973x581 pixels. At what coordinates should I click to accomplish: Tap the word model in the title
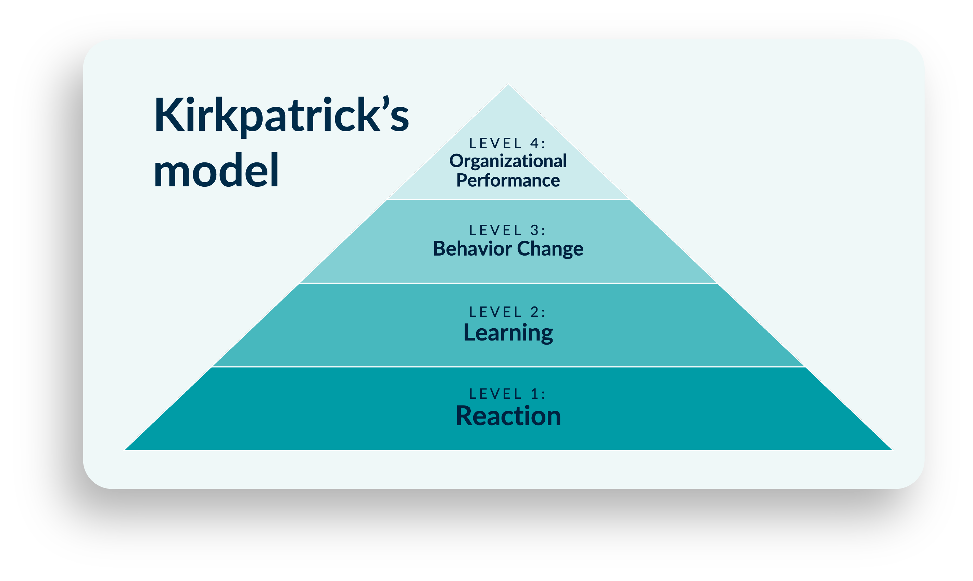tap(216, 171)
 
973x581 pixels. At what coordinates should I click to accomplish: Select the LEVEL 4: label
tap(507, 144)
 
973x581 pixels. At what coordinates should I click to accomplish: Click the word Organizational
tap(508, 161)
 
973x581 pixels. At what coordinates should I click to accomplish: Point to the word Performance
tap(508, 181)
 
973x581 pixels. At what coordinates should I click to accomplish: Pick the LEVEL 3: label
tap(507, 230)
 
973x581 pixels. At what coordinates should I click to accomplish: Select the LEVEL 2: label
tap(507, 312)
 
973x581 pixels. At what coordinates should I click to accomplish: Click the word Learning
tap(508, 333)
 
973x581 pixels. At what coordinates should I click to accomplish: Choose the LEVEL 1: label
tap(507, 394)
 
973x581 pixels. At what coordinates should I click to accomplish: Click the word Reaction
tap(508, 416)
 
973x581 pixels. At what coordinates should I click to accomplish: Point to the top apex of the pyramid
tap(508, 85)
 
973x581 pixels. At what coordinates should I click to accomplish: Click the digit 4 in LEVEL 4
tap(534, 144)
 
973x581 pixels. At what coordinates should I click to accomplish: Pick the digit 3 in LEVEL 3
tap(535, 230)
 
